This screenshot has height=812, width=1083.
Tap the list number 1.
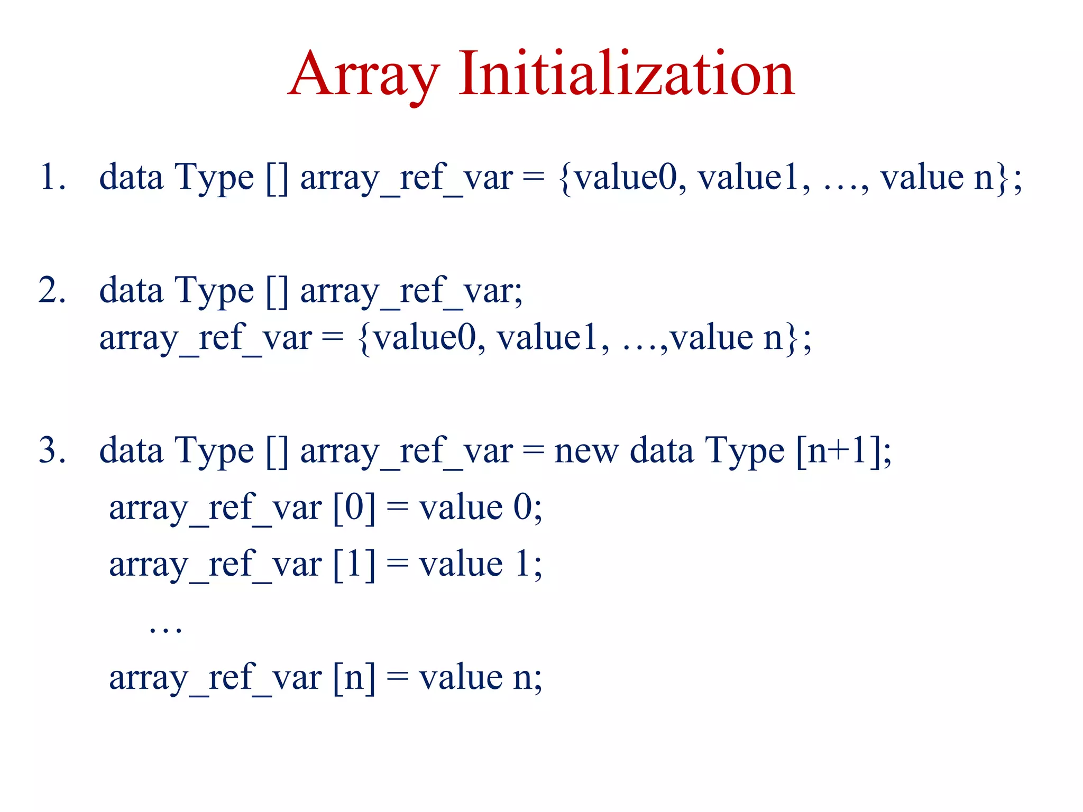click(x=51, y=177)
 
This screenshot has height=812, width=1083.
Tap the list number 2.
click(x=51, y=290)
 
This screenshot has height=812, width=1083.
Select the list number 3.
click(x=51, y=450)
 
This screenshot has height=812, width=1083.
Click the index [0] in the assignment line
click(x=354, y=508)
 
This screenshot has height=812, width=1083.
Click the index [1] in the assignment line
click(x=354, y=565)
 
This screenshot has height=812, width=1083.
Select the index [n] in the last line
click(x=354, y=678)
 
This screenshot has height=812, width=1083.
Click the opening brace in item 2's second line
click(x=363, y=339)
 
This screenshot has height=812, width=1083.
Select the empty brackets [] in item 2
click(x=277, y=291)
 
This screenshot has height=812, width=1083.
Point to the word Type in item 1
click(x=214, y=178)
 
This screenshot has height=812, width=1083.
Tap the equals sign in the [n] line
click(x=397, y=678)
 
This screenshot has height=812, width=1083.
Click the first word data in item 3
click(x=131, y=451)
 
